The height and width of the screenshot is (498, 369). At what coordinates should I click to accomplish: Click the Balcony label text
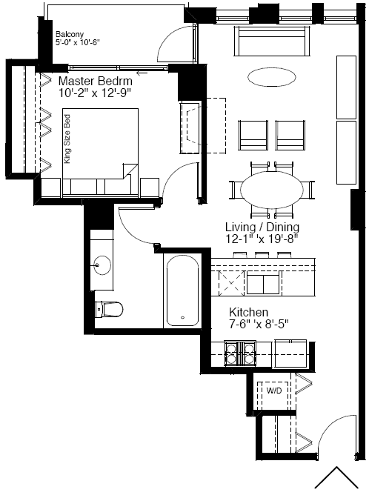(70, 34)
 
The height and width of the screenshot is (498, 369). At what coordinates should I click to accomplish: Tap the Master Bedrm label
(96, 81)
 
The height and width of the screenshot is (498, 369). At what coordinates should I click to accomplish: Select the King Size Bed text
(67, 139)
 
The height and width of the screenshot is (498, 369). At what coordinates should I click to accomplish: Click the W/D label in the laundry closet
(274, 391)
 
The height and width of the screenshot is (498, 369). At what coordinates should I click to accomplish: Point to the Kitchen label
(249, 312)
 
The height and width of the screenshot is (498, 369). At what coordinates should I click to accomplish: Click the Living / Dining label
(262, 227)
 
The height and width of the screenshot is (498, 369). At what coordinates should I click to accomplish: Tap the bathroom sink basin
(102, 265)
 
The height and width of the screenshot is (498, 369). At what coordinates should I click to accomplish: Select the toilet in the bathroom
(109, 309)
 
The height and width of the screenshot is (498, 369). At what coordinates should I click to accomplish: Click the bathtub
(182, 290)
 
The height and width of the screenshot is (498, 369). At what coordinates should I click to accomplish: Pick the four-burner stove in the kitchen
(240, 353)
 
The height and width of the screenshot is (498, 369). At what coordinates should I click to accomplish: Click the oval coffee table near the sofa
(271, 76)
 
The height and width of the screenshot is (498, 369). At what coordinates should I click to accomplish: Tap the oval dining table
(271, 190)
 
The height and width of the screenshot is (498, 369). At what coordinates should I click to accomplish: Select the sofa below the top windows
(272, 41)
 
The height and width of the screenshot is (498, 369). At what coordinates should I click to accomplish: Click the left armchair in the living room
(253, 135)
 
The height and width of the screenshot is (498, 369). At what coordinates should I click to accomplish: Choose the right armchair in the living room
(290, 135)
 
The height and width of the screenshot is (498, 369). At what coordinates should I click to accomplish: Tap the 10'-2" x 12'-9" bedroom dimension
(95, 93)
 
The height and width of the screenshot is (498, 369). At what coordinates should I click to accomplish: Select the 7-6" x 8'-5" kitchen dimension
(259, 324)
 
